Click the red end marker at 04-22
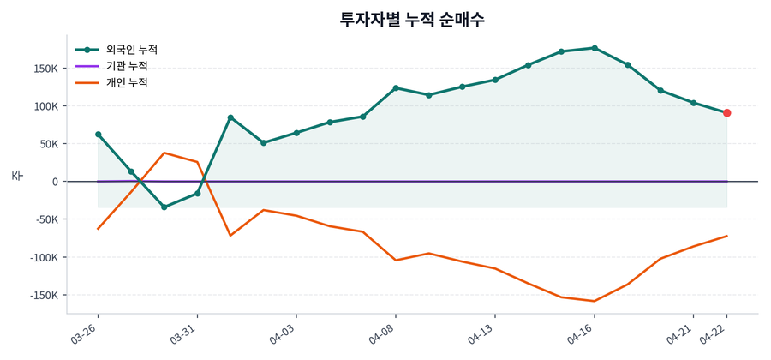tap(726, 113)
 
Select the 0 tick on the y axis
tap(54, 182)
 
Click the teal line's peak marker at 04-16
tap(595, 48)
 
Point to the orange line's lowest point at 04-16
tap(595, 301)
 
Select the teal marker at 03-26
tap(99, 135)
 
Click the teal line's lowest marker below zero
tap(164, 207)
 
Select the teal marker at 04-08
tap(396, 87)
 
